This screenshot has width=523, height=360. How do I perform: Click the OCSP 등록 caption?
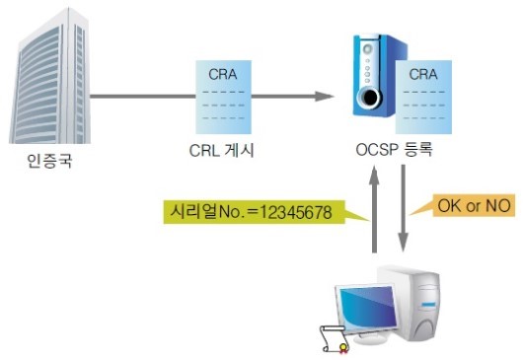click(x=394, y=154)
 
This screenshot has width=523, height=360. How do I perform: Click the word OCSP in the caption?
click(x=374, y=154)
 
